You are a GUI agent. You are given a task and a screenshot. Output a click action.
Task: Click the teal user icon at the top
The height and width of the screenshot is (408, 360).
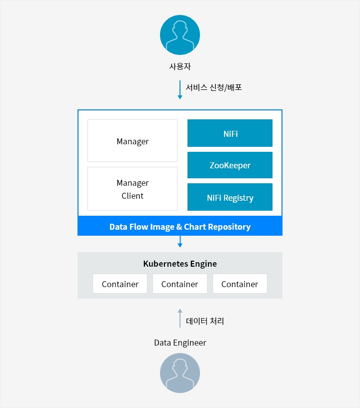coord(180,35)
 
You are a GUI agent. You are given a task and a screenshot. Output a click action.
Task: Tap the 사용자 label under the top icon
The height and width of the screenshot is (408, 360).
coord(180,66)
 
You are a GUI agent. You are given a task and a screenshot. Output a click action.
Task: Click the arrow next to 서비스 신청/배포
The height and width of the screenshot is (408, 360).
coord(179,90)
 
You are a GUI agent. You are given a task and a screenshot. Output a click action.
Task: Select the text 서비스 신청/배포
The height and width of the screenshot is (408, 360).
coord(213,87)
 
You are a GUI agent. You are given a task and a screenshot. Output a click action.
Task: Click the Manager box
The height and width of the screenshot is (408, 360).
coord(132,140)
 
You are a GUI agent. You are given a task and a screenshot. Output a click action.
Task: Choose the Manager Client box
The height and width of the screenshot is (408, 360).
coord(132,189)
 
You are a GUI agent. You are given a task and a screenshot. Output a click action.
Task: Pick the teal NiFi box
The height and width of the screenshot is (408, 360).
coord(230,133)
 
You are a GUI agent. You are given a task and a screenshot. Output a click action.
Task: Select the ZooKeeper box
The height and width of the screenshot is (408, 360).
coord(230,165)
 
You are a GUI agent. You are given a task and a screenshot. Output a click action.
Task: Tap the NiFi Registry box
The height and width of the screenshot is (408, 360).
coord(230,197)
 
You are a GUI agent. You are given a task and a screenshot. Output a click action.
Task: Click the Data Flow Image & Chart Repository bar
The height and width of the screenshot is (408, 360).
coord(180,226)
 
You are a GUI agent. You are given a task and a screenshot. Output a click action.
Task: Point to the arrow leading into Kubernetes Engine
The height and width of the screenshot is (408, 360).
coord(179,242)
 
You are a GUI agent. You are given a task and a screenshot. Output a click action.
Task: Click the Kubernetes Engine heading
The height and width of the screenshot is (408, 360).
coord(180,264)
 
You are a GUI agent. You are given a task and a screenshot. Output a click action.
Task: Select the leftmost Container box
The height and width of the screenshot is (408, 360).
coord(120,284)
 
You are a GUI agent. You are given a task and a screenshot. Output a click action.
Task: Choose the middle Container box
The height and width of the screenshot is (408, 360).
coord(180,284)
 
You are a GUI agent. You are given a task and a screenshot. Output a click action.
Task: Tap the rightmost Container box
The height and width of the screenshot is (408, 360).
coord(240,284)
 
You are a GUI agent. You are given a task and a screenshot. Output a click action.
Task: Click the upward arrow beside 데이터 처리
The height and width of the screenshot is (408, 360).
coord(179,318)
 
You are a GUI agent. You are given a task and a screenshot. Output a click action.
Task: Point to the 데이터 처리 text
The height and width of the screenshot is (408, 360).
coord(204,321)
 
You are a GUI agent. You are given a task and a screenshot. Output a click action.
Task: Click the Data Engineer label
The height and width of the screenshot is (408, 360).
coord(180,343)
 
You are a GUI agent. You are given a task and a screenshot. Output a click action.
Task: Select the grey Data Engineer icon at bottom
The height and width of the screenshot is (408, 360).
coord(180,373)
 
